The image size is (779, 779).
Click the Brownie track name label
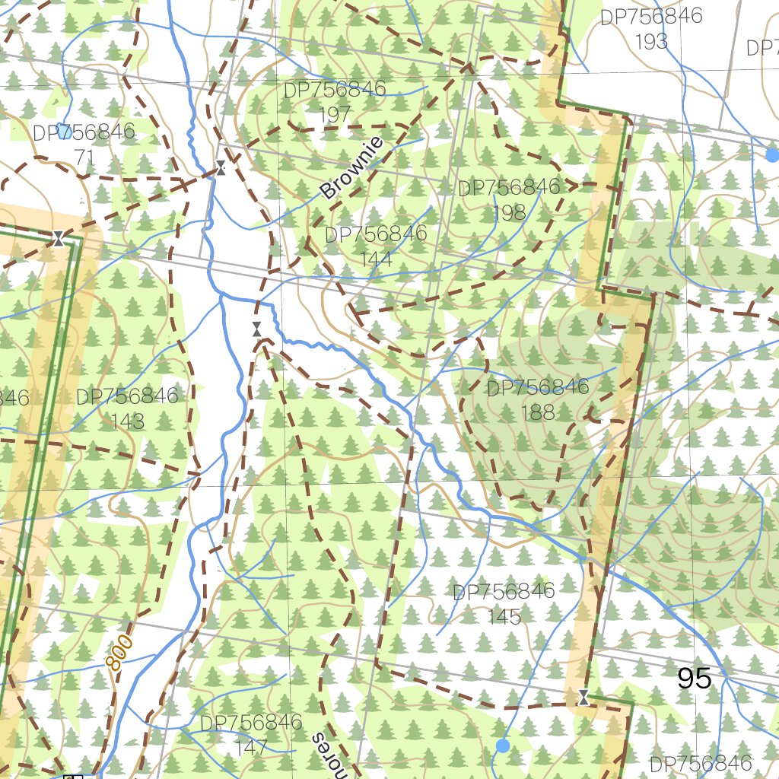pyautogui.click(x=351, y=169)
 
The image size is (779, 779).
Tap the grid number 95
pyautogui.click(x=694, y=678)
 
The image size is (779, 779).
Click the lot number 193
pyautogui.click(x=651, y=42)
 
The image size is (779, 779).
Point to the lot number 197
pyautogui.click(x=335, y=114)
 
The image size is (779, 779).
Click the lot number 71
pyautogui.click(x=84, y=156)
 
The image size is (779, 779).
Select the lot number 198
pyautogui.click(x=509, y=212)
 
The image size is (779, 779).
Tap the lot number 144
pyautogui.click(x=376, y=259)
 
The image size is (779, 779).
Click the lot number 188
pyautogui.click(x=538, y=412)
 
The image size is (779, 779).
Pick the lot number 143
pyautogui.click(x=127, y=421)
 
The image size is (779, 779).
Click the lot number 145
pyautogui.click(x=504, y=615)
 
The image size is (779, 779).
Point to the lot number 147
pyautogui.click(x=251, y=746)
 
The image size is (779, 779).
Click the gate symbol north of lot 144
pyautogui.click(x=220, y=168)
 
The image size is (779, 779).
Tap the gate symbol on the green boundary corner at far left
pyautogui.click(x=58, y=239)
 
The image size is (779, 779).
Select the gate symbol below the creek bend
pyautogui.click(x=257, y=329)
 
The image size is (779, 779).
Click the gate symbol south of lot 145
pyautogui.click(x=583, y=696)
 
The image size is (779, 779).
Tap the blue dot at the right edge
pyautogui.click(x=772, y=155)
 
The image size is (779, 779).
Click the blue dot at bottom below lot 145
pyautogui.click(x=502, y=746)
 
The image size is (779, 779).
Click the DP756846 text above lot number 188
pyautogui.click(x=538, y=388)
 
